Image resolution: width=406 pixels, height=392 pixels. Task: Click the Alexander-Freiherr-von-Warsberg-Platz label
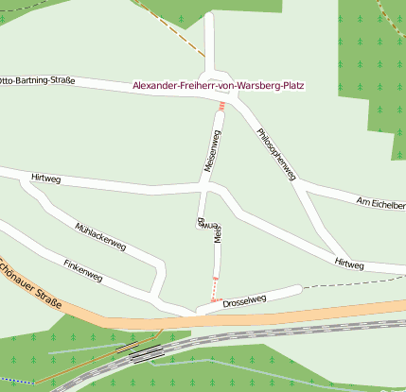click(223, 86)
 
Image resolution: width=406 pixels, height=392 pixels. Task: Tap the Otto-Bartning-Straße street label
click(38, 80)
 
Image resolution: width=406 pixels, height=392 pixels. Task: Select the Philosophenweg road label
click(276, 152)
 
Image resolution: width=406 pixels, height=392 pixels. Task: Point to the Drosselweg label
click(245, 301)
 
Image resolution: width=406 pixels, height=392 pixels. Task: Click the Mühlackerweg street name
click(99, 235)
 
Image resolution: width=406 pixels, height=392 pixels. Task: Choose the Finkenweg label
click(82, 269)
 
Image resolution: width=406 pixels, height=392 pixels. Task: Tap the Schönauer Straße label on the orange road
click(32, 283)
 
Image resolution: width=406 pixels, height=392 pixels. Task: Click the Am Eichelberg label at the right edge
click(380, 203)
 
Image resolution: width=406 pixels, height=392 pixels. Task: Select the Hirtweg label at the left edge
click(44, 177)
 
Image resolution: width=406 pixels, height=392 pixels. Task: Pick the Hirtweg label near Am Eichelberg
click(348, 264)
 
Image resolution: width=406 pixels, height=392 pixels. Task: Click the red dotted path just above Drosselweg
click(214, 288)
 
